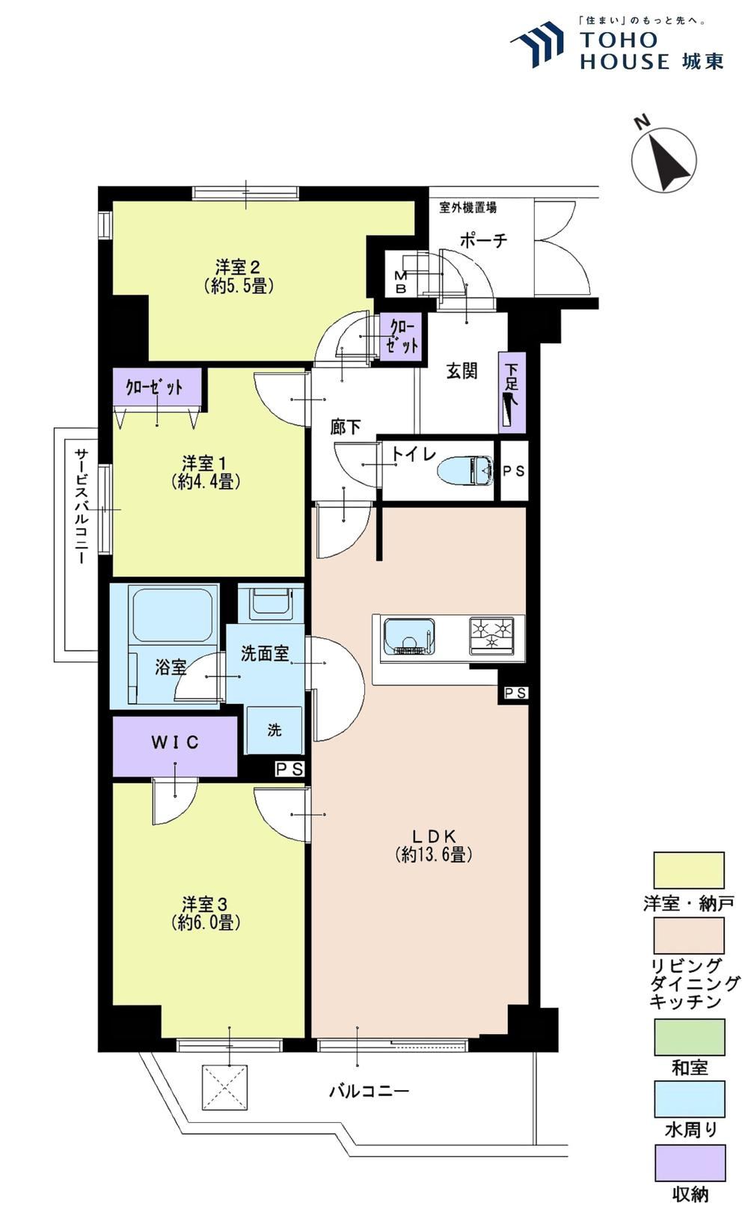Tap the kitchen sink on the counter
click(x=409, y=637)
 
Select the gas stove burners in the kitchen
click(x=491, y=635)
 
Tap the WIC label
click(x=175, y=742)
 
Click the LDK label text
click(x=434, y=836)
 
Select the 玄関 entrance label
click(x=462, y=372)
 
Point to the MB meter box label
click(x=400, y=283)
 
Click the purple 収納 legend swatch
click(x=690, y=1164)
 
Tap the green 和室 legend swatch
click(x=690, y=1037)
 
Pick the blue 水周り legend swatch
click(x=690, y=1099)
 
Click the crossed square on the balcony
click(x=224, y=1087)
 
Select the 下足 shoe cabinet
click(x=512, y=393)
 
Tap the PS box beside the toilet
click(x=514, y=471)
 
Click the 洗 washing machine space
click(x=275, y=730)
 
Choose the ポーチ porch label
click(x=483, y=240)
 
